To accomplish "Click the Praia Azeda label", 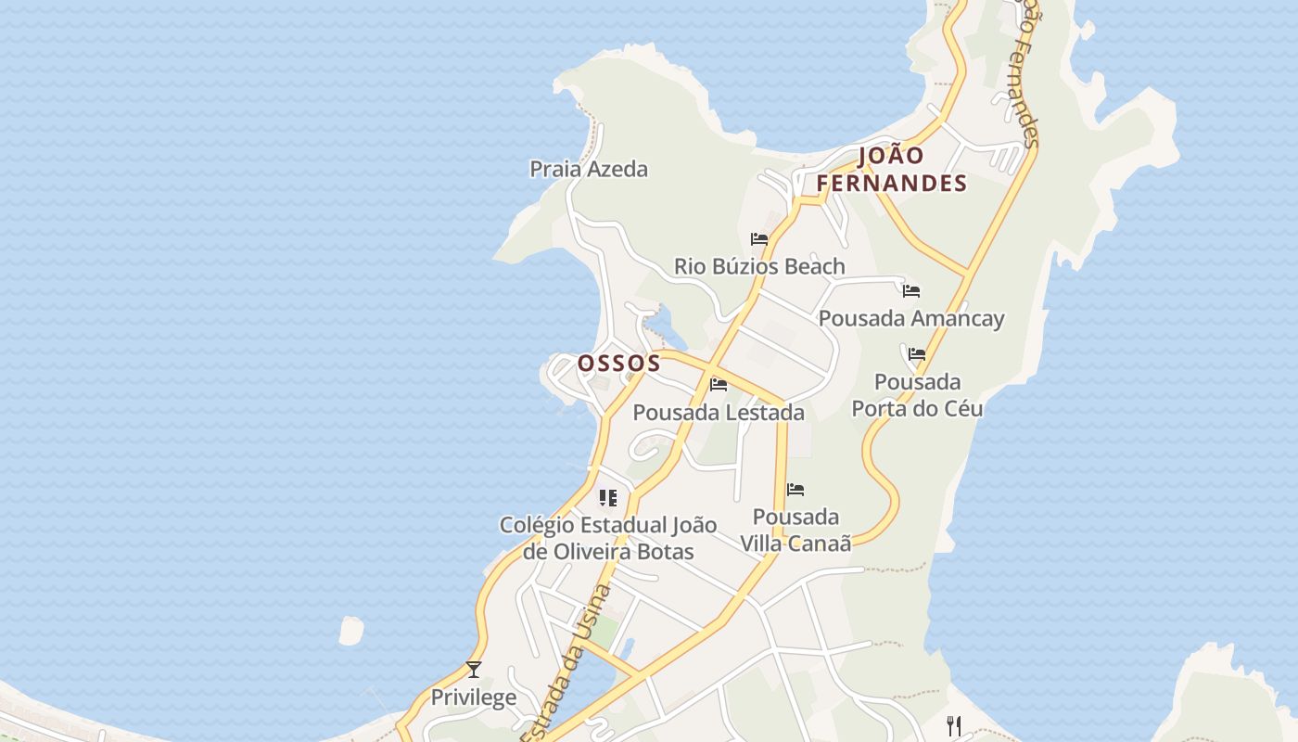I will click(x=589, y=169).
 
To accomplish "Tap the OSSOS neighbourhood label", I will click(x=619, y=363).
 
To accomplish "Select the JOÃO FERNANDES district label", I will click(x=892, y=170).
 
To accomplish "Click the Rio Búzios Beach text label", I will click(x=759, y=266).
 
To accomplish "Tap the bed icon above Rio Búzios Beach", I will click(x=759, y=239).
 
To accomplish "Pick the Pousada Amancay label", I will click(x=911, y=318).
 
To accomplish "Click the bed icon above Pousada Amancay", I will click(x=911, y=291).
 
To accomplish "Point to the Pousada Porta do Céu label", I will click(x=917, y=395).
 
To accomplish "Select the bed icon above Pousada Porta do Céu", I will click(x=917, y=354).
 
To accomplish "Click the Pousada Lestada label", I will click(x=719, y=412).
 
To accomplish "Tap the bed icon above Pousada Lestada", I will click(x=719, y=385).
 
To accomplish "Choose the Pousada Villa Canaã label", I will click(x=795, y=530).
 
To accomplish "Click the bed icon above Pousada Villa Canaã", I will click(x=795, y=490).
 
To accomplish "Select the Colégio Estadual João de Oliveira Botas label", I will click(x=608, y=538).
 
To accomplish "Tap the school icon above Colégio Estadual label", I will click(x=608, y=498).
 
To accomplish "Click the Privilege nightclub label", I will click(x=474, y=697).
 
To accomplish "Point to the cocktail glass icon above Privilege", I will click(x=474, y=669).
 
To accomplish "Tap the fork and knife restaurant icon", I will click(x=954, y=725).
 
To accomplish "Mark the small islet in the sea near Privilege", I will click(x=351, y=631).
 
